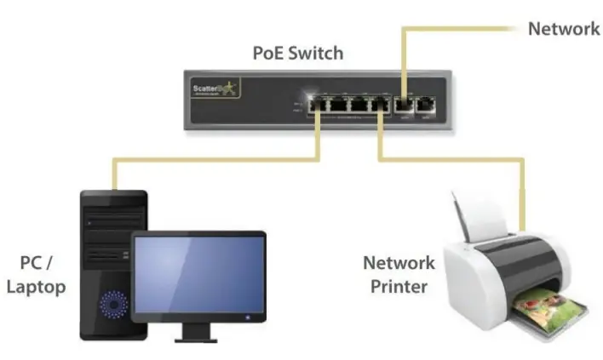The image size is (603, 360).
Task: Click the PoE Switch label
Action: point(297,53)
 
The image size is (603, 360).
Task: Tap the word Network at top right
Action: point(564,29)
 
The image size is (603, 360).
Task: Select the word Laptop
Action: point(36,287)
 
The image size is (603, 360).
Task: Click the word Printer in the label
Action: point(399,286)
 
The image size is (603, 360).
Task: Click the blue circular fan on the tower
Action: point(112,303)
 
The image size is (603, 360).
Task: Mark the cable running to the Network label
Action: point(460,29)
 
